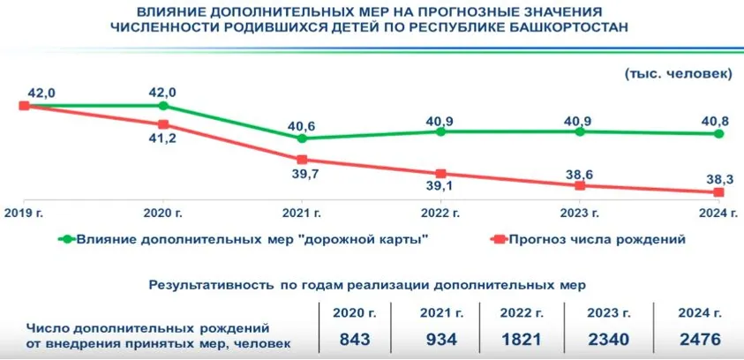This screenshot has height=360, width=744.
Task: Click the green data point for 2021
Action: [x=302, y=139]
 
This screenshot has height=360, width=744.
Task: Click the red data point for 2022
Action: [x=440, y=174]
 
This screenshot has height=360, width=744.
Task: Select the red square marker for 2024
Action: [x=718, y=192]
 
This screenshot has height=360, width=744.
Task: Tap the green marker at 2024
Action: [x=718, y=134]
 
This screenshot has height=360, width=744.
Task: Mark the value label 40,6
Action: [x=301, y=125]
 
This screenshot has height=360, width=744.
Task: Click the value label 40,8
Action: [x=714, y=119]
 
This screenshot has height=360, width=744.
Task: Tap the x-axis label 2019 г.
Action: [x=24, y=214]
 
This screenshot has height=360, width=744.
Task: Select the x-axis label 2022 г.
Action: [x=440, y=214]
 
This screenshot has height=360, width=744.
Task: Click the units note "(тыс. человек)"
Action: [x=678, y=73]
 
